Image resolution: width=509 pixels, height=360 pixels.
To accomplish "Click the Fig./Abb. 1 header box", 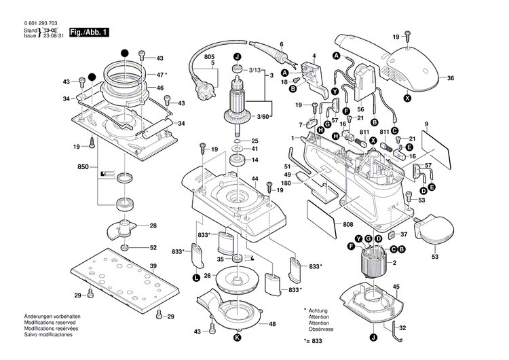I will point(88,33).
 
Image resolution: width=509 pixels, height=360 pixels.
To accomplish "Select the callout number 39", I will point(153,266).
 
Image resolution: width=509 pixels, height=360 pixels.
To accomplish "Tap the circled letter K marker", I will point(237,338).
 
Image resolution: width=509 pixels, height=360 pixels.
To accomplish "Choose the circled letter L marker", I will point(196,277).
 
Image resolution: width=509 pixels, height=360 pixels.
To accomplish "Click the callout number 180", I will point(286,183).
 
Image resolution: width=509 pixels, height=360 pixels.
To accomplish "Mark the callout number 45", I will point(397,287).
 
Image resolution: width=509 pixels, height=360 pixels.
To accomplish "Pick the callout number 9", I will point(427,124).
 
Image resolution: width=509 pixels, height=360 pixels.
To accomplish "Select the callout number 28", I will point(153,225).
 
